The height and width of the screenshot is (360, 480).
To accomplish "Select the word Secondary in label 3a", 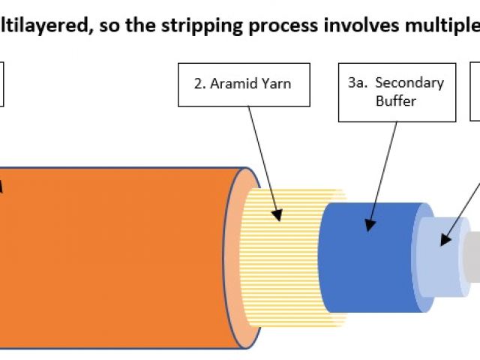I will coord(409,83).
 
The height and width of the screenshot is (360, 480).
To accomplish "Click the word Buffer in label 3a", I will coord(395,100).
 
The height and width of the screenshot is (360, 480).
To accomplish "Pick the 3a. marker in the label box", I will coord(357,83).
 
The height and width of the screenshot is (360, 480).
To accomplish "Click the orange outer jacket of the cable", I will coord(112,247).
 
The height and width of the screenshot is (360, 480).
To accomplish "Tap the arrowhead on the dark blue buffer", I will coord(370,223).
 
